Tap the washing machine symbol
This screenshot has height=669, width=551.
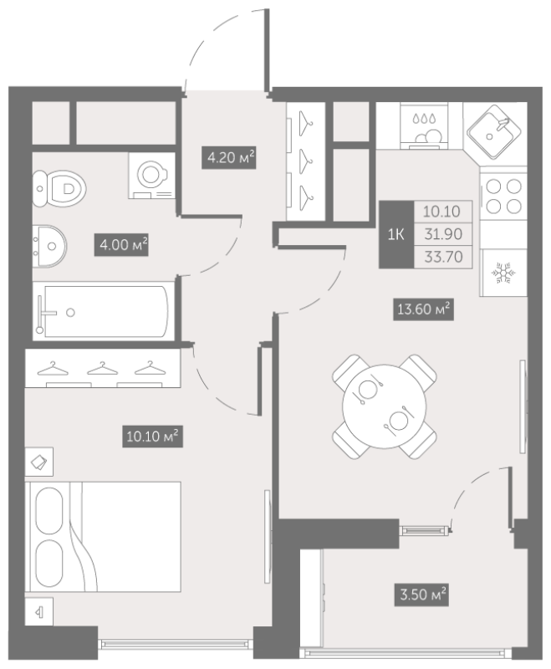point(152,176)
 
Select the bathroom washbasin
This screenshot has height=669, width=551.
point(49,246)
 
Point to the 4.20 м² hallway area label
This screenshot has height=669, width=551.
point(229,157)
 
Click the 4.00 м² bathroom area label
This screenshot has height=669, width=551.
point(121,245)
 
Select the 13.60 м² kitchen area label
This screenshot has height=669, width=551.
point(423,309)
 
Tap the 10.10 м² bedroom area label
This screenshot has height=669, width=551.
point(152,436)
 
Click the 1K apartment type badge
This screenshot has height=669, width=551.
point(396,234)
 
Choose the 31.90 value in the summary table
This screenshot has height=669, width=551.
point(443,234)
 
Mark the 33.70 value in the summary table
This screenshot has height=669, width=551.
point(443,257)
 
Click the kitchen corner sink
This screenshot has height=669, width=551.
point(494,132)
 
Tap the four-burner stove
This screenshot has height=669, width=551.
point(503,197)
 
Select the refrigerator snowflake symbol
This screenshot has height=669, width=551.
point(503,273)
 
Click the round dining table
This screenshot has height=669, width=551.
point(385,406)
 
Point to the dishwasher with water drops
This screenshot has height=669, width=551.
point(424,126)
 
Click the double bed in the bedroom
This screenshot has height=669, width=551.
point(103,537)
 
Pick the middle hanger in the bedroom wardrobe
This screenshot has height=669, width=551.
point(102,368)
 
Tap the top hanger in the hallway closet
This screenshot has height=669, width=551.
point(306,123)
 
